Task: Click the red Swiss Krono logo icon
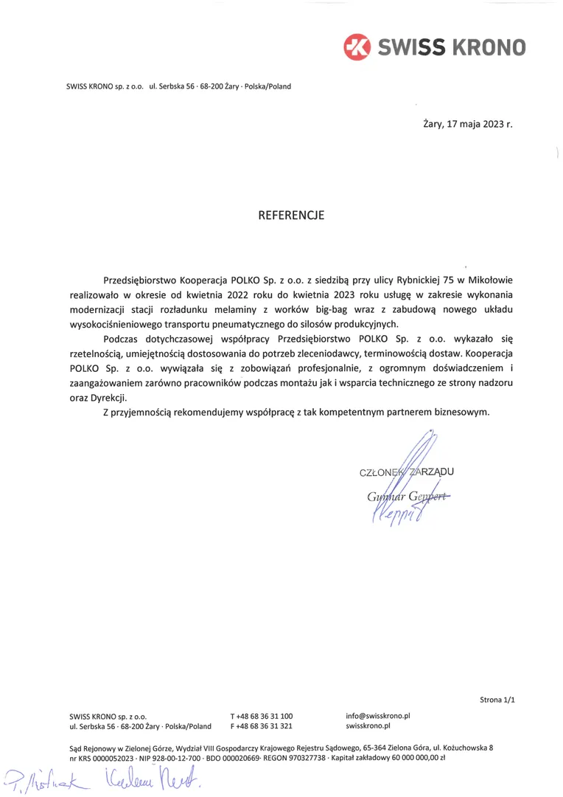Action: (358, 46)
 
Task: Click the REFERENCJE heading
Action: (291, 215)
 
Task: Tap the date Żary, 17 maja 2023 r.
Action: (467, 123)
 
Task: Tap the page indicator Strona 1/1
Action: (497, 700)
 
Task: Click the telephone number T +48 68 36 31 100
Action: (261, 716)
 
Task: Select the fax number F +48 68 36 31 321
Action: (261, 726)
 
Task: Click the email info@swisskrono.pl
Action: (377, 716)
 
